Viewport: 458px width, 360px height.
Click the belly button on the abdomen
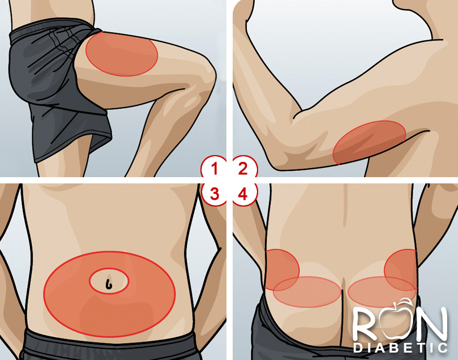pyautogui.click(x=109, y=283)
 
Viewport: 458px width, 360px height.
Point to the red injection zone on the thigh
pyautogui.click(x=122, y=53)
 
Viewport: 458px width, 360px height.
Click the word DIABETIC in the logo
pyautogui.click(x=401, y=348)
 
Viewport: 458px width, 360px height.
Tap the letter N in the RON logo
pyautogui.click(x=430, y=324)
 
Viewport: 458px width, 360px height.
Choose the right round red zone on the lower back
pyautogui.click(x=401, y=269)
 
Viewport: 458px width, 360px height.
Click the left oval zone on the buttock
pyautogui.click(x=307, y=292)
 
